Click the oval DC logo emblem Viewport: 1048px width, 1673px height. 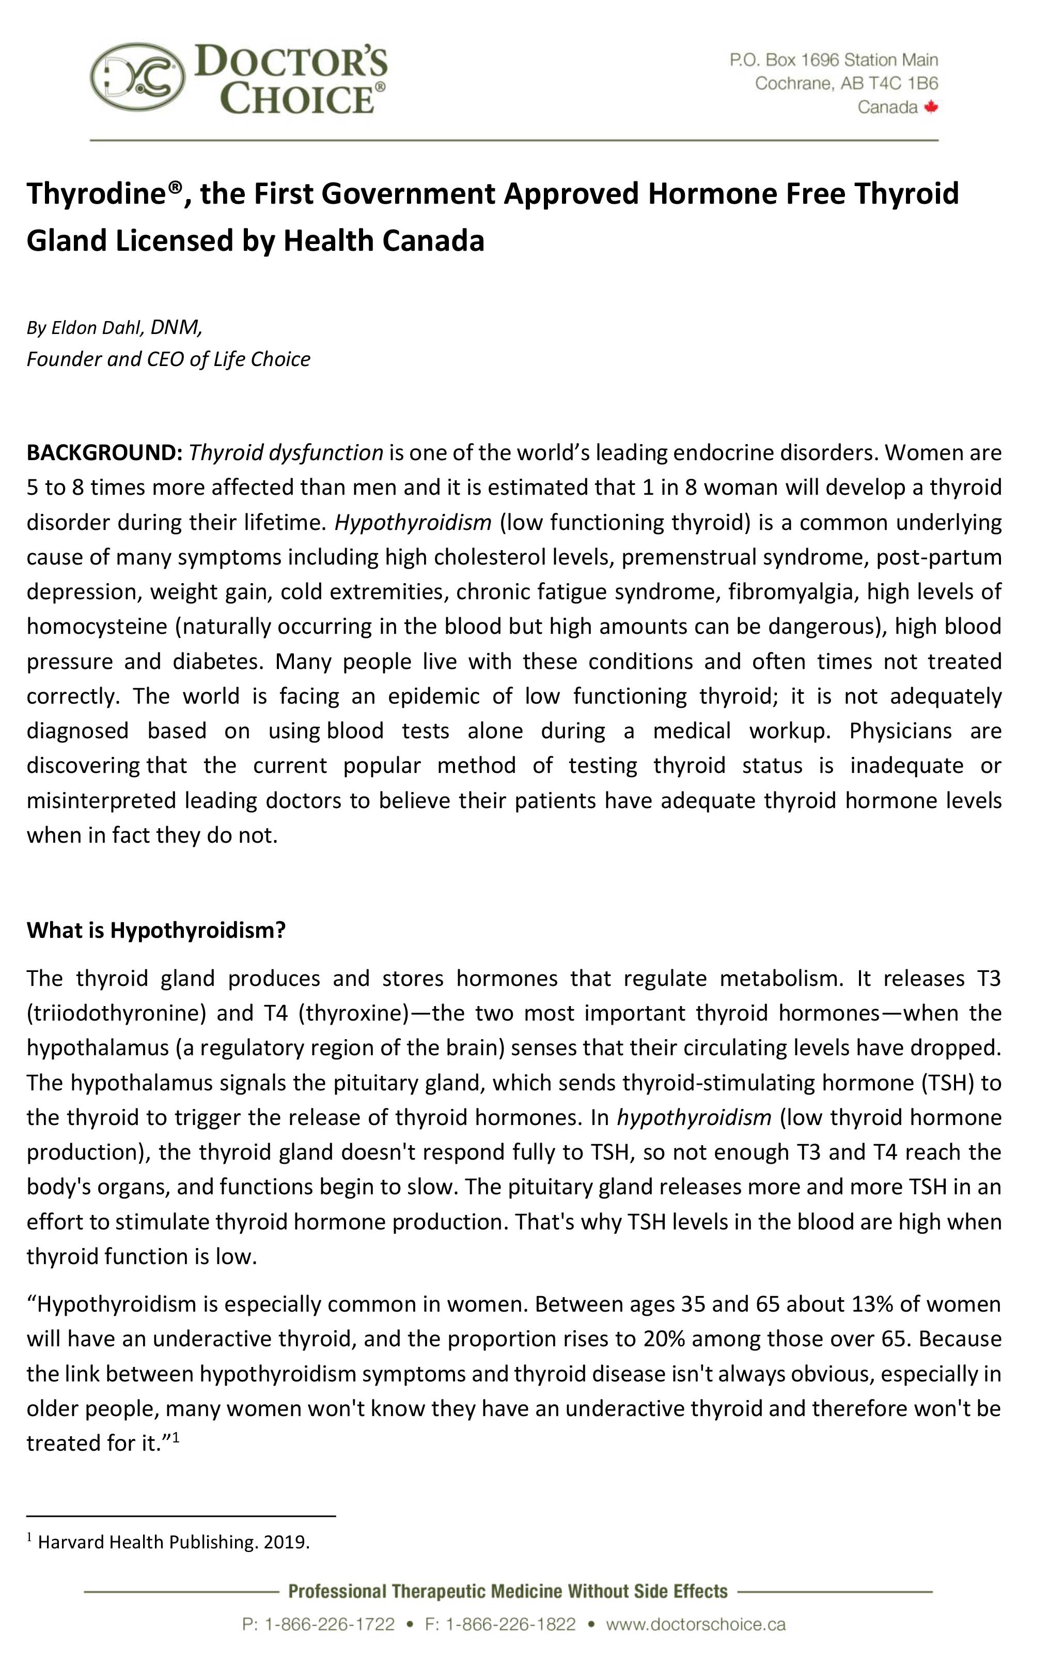point(138,77)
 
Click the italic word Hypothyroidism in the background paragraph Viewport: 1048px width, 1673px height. point(413,522)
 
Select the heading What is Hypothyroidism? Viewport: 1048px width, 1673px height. point(156,930)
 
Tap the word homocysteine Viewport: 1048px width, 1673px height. point(97,626)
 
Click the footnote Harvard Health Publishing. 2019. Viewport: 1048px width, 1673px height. point(173,1542)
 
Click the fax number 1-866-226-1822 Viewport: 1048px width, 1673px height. point(510,1624)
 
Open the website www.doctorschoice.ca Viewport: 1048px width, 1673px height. point(695,1624)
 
